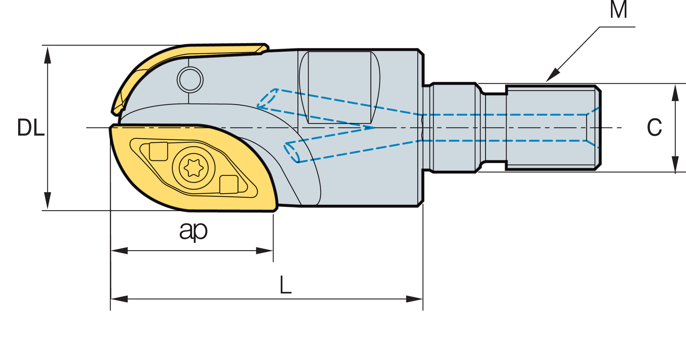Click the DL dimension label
pyautogui.click(x=31, y=127)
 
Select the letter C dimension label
pyautogui.click(x=654, y=127)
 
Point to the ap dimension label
pyautogui.click(x=193, y=231)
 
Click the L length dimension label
pyautogui.click(x=285, y=285)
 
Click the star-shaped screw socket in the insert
pyautogui.click(x=194, y=168)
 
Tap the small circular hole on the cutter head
pyautogui.click(x=190, y=80)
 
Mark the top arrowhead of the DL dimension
pyautogui.click(x=48, y=55)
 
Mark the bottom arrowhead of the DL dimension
pyautogui.click(x=48, y=200)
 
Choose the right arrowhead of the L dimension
pyautogui.click(x=414, y=299)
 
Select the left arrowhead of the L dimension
pyautogui.click(x=119, y=299)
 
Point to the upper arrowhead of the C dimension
pyautogui.click(x=675, y=93)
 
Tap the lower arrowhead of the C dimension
pyautogui.click(x=675, y=165)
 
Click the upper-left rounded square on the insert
pyautogui.click(x=159, y=151)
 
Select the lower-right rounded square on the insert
pyautogui.click(x=229, y=184)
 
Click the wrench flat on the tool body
pyautogui.click(x=340, y=87)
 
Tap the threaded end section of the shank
pyautogui.click(x=553, y=128)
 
